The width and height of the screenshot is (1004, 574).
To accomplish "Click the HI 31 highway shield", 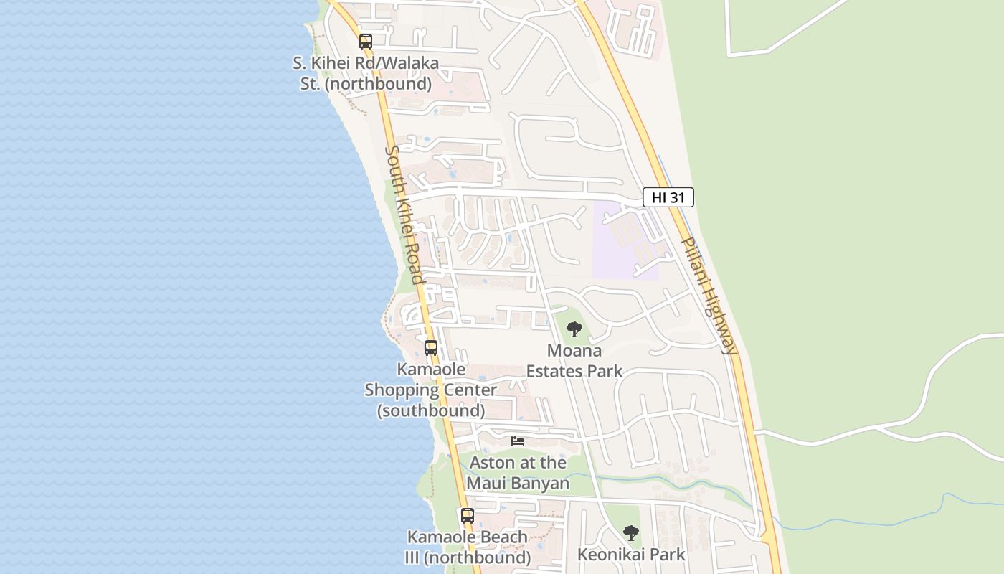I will (x=668, y=197).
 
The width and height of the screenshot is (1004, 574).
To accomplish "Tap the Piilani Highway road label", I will (x=709, y=296).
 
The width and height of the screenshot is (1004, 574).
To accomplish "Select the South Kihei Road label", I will (x=404, y=215).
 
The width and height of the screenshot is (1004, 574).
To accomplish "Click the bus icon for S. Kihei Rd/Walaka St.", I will (x=366, y=42).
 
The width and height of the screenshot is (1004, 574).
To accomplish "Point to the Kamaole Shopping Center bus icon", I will (x=431, y=348).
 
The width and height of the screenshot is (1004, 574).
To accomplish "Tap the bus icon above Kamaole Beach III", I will (x=468, y=515).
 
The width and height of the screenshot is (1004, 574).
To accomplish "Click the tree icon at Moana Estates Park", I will (x=574, y=329).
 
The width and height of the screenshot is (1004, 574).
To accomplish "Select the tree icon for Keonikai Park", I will (x=631, y=532).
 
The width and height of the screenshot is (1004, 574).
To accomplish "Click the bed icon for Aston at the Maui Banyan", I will (x=518, y=441).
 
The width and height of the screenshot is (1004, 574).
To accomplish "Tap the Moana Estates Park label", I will (x=574, y=361).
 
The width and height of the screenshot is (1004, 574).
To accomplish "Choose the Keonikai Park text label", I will (x=631, y=555).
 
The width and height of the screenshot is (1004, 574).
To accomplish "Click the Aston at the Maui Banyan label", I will (x=518, y=473).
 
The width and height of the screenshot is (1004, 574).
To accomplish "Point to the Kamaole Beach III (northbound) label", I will (x=468, y=547).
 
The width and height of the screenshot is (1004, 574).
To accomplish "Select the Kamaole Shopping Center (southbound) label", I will (x=431, y=390).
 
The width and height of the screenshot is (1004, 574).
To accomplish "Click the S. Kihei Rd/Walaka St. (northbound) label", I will (x=366, y=73).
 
